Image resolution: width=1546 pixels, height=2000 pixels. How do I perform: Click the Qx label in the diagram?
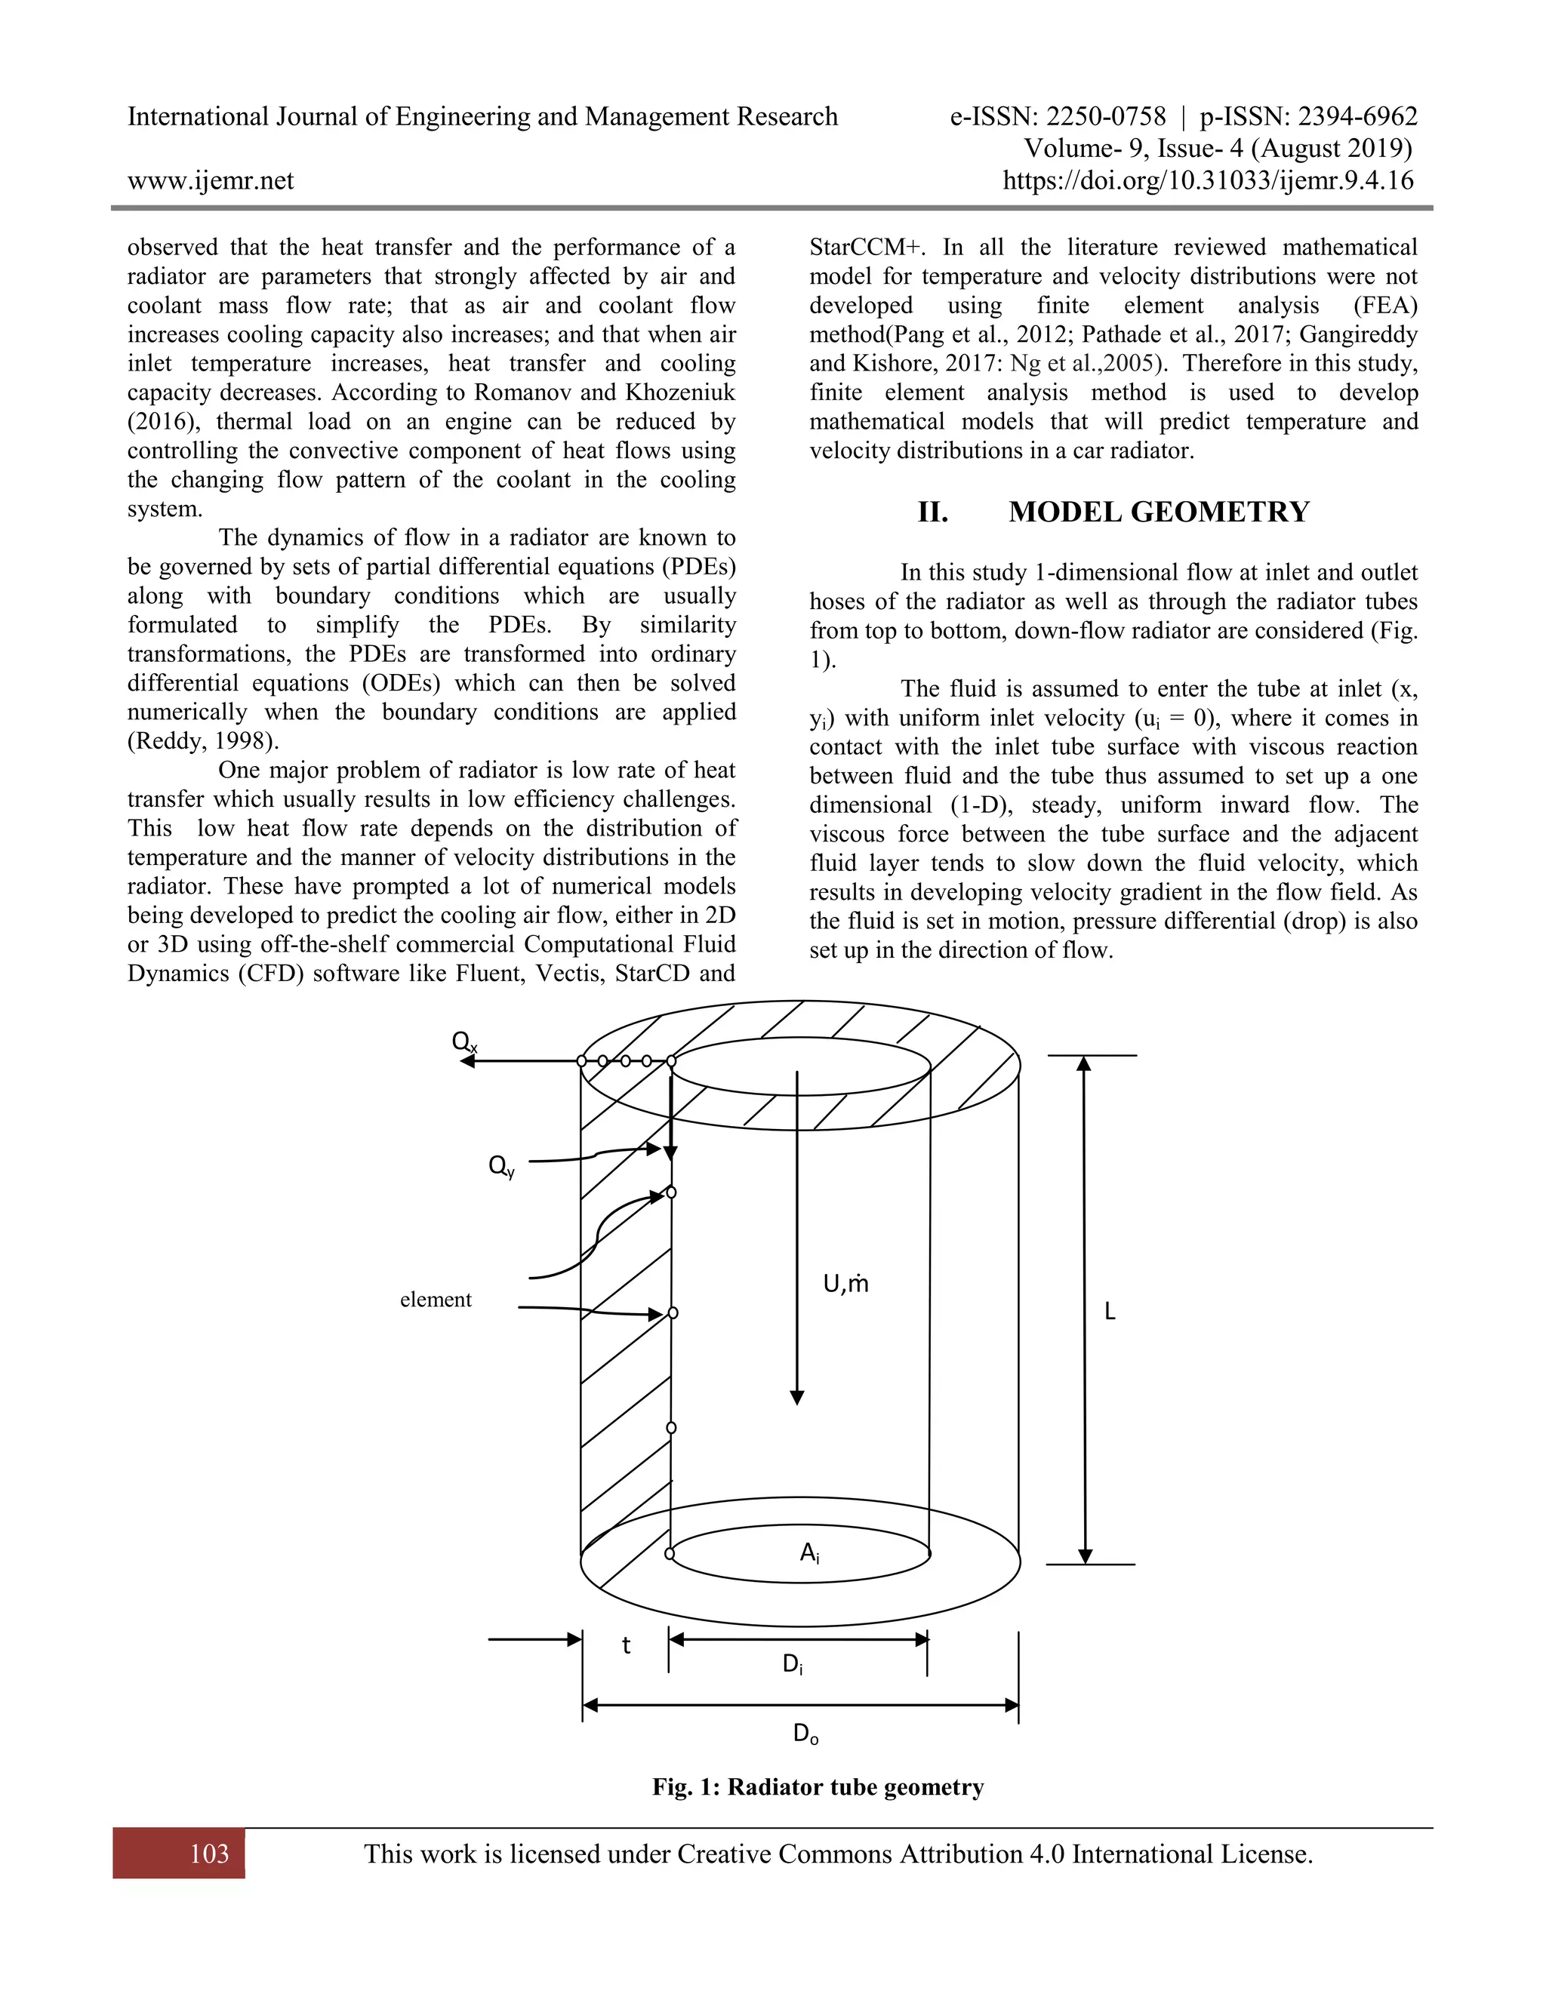pyautogui.click(x=464, y=1042)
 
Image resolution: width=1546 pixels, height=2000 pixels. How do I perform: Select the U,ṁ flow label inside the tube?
pyautogui.click(x=845, y=1284)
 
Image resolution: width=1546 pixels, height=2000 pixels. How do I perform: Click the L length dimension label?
pyautogui.click(x=1110, y=1312)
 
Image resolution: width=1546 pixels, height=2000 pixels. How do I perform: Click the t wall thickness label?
pyautogui.click(x=627, y=1645)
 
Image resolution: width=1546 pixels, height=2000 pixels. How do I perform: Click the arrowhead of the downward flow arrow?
pyautogui.click(x=797, y=1398)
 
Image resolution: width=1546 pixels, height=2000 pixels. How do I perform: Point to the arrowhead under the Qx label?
pyautogui.click(x=467, y=1061)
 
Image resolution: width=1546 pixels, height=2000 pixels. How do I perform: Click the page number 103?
pyautogui.click(x=209, y=1854)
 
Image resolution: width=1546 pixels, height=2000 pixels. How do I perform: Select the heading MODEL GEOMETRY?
pyautogui.click(x=1159, y=511)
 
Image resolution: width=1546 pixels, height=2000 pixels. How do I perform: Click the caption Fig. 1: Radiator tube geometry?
pyautogui.click(x=818, y=1786)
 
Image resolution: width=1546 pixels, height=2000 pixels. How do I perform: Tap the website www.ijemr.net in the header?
pyautogui.click(x=211, y=180)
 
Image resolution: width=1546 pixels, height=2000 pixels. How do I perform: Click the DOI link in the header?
pyautogui.click(x=1208, y=180)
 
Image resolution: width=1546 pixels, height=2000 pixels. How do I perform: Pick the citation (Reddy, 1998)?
pyautogui.click(x=203, y=741)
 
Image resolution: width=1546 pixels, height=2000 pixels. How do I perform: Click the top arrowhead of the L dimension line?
pyautogui.click(x=1085, y=1063)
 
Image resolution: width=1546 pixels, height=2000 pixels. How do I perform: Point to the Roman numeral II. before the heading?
pyautogui.click(x=932, y=511)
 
